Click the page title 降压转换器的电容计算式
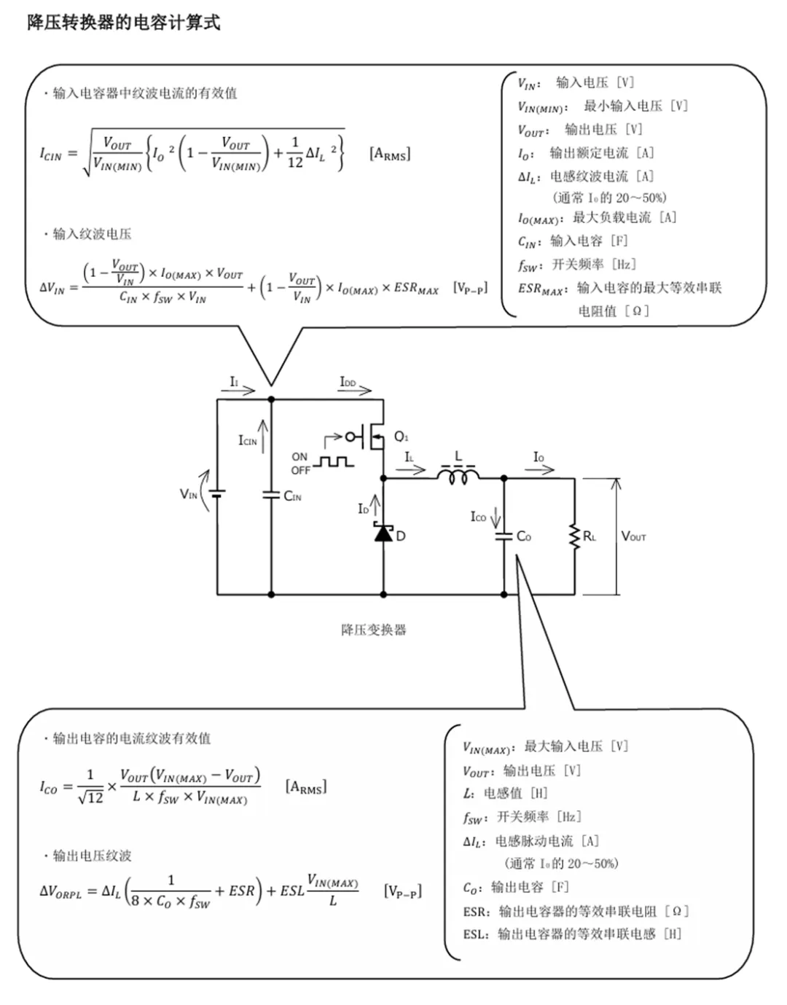pyautogui.click(x=124, y=23)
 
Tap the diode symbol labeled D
pyautogui.click(x=384, y=533)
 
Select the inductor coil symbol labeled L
pyautogui.click(x=458, y=476)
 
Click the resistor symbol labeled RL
pyautogui.click(x=575, y=536)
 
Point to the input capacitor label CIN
pyautogui.click(x=292, y=496)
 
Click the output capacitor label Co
pyautogui.click(x=523, y=536)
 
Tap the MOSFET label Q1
pyautogui.click(x=401, y=437)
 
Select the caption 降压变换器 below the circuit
pyautogui.click(x=373, y=630)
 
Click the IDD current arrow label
pyautogui.click(x=348, y=382)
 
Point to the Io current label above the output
pyautogui.click(x=539, y=457)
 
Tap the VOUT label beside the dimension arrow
pyautogui.click(x=633, y=536)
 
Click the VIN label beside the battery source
pyautogui.click(x=189, y=495)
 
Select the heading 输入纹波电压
pyautogui.click(x=92, y=234)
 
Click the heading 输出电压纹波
pyautogui.click(x=92, y=856)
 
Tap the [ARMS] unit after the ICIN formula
pyautogui.click(x=390, y=154)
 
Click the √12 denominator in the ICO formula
pyautogui.click(x=90, y=798)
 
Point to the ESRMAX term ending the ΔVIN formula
pyautogui.click(x=416, y=288)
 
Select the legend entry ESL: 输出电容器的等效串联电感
pyautogui.click(x=572, y=934)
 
